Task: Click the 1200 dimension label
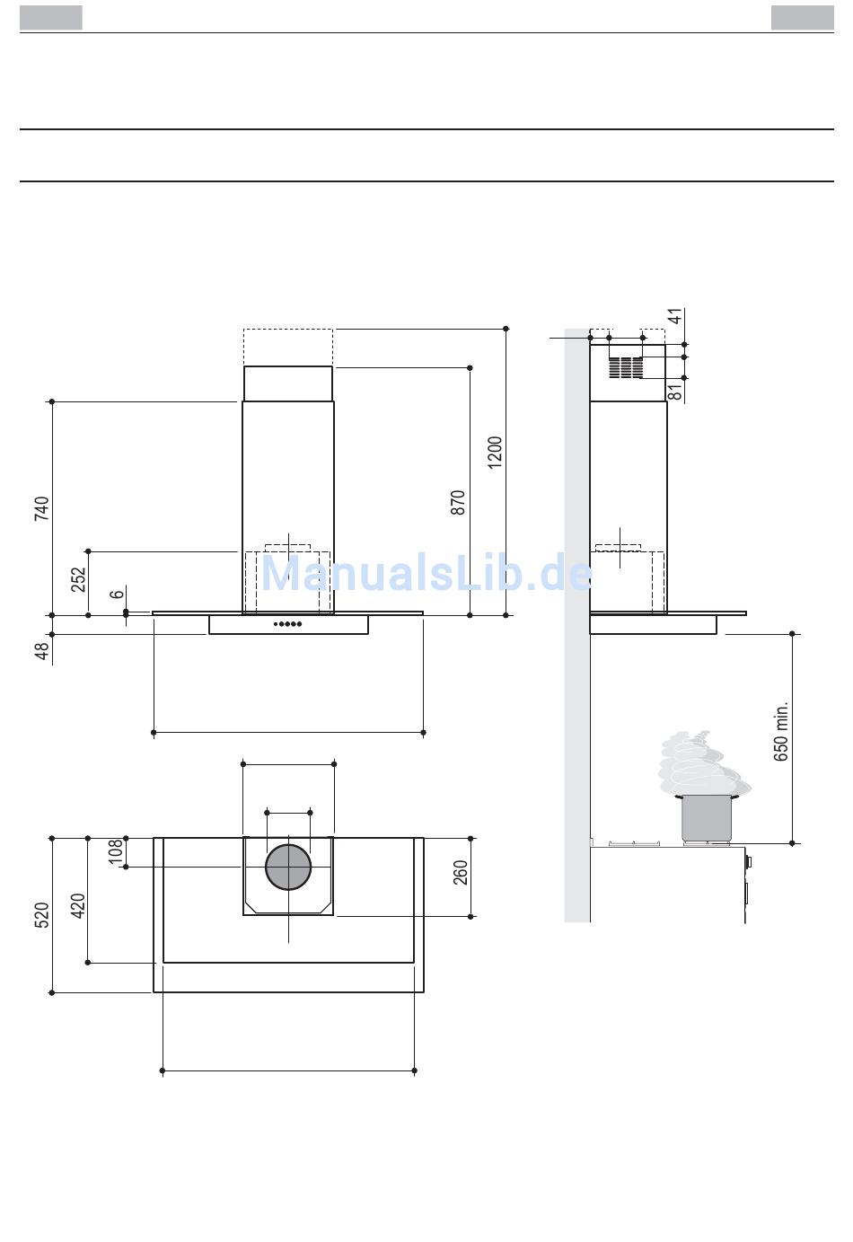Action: tap(495, 453)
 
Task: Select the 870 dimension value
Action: tap(458, 503)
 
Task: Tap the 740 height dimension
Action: tap(41, 509)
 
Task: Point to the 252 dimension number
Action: tap(79, 579)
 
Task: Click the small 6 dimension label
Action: tap(117, 594)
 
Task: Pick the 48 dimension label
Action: tap(42, 651)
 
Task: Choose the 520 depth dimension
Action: tap(41, 915)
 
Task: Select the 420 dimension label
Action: tap(78, 906)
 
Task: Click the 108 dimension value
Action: tap(115, 851)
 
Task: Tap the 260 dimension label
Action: tap(461, 873)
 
